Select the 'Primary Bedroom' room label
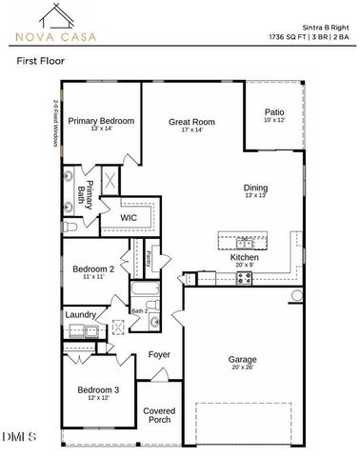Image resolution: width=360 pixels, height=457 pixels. click(x=100, y=121)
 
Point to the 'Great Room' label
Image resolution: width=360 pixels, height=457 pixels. click(x=191, y=122)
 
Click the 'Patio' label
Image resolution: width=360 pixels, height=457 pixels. click(x=273, y=112)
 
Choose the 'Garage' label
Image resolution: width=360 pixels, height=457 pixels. click(x=242, y=359)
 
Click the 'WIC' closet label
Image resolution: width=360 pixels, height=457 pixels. click(x=130, y=217)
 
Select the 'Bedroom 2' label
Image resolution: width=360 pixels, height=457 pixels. click(x=93, y=269)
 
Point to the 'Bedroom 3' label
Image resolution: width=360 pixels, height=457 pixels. click(x=97, y=389)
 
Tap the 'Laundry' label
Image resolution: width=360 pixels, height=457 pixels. click(x=80, y=313)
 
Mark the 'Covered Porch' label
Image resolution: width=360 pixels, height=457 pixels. click(x=159, y=415)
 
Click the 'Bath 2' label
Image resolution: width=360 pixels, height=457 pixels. click(x=139, y=310)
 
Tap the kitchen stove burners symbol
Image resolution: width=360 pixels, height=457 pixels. click(x=242, y=277)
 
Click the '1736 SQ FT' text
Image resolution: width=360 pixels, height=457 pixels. click(x=290, y=35)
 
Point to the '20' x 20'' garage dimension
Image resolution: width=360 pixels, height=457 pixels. click(x=242, y=367)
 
